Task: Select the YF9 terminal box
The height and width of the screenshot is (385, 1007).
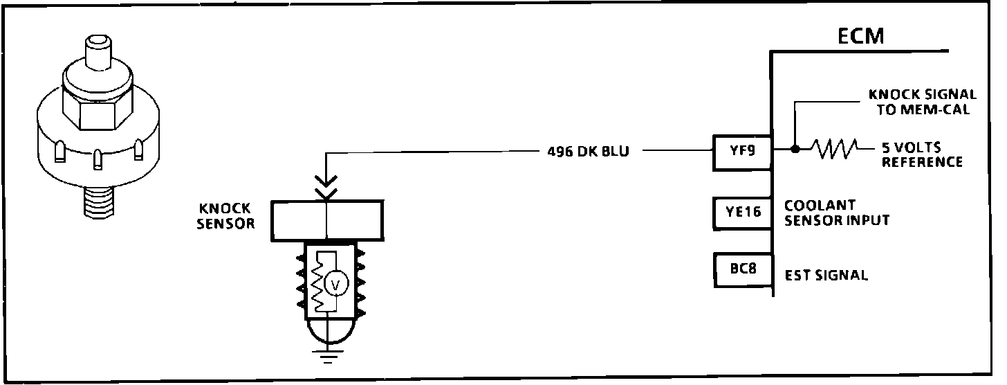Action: [x=740, y=151]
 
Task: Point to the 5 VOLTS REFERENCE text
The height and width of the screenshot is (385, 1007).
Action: [x=921, y=156]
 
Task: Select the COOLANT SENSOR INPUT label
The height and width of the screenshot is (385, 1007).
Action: [x=836, y=213]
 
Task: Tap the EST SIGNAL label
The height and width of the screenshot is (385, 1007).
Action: [x=826, y=276]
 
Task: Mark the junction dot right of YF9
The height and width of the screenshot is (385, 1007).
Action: [x=795, y=149]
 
